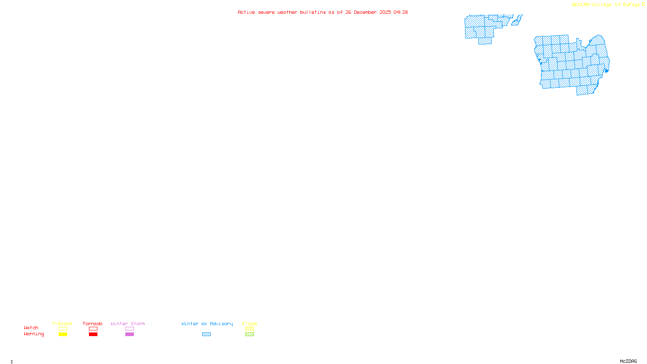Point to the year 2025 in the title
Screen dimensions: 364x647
pyautogui.click(x=385, y=12)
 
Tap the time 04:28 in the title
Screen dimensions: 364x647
pyautogui.click(x=401, y=12)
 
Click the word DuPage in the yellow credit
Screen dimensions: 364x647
pyautogui.click(x=631, y=5)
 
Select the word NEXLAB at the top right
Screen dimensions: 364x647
pyautogui.click(x=581, y=5)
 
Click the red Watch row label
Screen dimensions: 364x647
pyautogui.click(x=31, y=328)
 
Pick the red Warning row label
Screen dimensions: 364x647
pyautogui.click(x=34, y=334)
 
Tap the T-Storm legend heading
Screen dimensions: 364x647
pyautogui.click(x=62, y=324)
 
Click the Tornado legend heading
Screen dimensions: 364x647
pyautogui.click(x=93, y=324)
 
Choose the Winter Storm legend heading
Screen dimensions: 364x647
pyautogui.click(x=128, y=324)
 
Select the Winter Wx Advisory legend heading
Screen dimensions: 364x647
pyautogui.click(x=207, y=324)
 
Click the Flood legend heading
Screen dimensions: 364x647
pyautogui.click(x=249, y=324)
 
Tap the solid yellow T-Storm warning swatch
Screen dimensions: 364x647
pyautogui.click(x=63, y=334)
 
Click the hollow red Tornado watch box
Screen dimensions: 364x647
pyautogui.click(x=93, y=329)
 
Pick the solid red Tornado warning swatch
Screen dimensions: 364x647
pyautogui.click(x=93, y=334)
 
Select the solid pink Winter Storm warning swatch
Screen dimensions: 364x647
pyautogui.click(x=129, y=334)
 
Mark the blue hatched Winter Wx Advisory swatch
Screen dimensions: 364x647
pyautogui.click(x=206, y=334)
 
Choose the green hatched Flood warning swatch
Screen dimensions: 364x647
pyautogui.click(x=249, y=334)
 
